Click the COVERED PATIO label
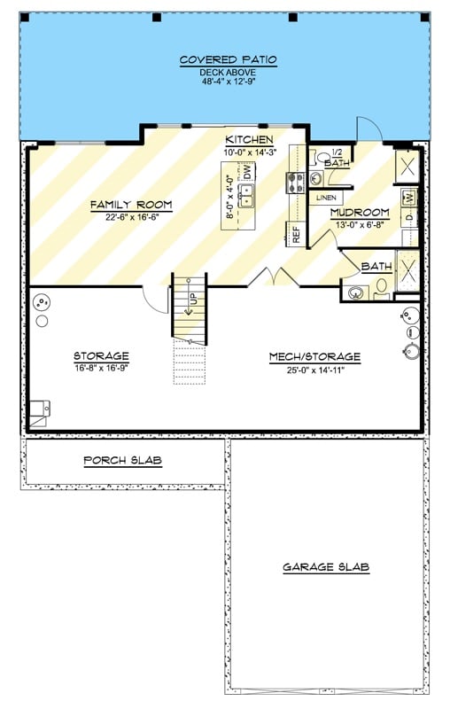[x=229, y=60]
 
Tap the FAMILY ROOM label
[x=131, y=205]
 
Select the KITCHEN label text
[x=249, y=141]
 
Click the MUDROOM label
[x=360, y=213]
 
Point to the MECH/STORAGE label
[x=315, y=357]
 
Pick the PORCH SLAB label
[x=122, y=461]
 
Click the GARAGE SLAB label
[x=326, y=567]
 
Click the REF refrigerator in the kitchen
[x=293, y=235]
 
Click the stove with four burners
[x=295, y=183]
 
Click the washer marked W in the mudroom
[x=408, y=197]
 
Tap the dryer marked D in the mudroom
[x=408, y=217]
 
